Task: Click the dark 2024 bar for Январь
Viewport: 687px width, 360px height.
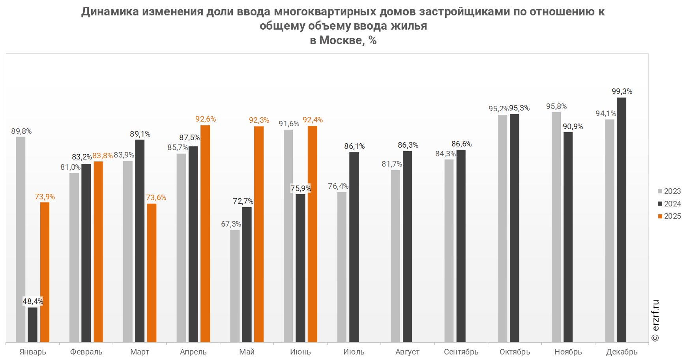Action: click(33, 324)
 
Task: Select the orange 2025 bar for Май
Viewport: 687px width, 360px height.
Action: click(259, 234)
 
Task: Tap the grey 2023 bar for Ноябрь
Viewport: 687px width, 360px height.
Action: click(556, 227)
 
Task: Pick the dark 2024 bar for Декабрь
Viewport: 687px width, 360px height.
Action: click(621, 219)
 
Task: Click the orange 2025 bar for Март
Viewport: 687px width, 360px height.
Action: click(152, 272)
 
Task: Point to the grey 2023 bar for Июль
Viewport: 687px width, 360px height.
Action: click(342, 267)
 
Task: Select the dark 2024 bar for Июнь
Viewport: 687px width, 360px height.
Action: click(300, 268)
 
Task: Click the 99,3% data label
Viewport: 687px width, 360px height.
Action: click(622, 92)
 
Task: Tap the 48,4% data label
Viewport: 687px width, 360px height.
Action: click(33, 302)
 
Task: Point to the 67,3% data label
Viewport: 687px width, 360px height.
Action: click(231, 224)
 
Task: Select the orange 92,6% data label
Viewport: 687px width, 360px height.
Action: click(206, 119)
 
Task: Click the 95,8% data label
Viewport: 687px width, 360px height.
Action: click(556, 107)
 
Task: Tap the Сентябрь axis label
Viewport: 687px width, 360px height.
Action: click(461, 352)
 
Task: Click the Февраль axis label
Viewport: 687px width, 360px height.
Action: click(86, 352)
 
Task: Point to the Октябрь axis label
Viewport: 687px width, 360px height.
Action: click(515, 352)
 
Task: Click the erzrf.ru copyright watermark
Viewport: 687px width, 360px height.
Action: click(655, 321)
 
